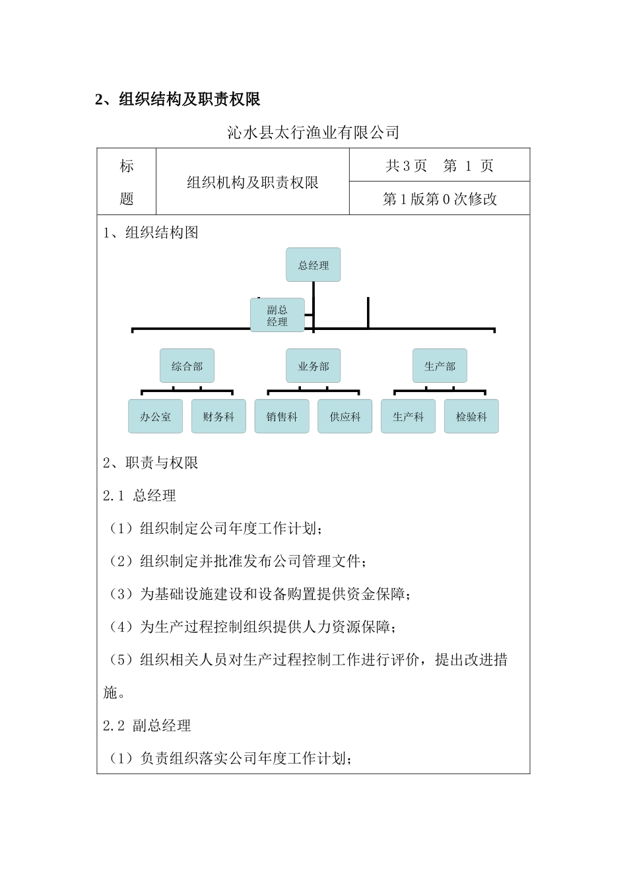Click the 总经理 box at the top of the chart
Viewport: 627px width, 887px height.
pos(313,265)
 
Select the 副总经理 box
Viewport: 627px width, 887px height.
pos(277,315)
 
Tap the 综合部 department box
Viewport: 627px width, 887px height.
pos(187,366)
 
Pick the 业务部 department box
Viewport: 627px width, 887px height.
pos(313,366)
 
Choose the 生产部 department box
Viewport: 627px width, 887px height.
pos(440,366)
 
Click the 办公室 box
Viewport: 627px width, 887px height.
pos(155,416)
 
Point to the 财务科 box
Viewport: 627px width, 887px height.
pos(218,416)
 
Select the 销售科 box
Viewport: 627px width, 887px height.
pos(282,416)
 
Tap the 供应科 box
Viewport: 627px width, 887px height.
pos(345,416)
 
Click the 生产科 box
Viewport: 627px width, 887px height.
pos(408,416)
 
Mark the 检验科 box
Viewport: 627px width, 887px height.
pos(471,416)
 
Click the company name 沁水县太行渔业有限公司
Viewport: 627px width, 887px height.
pos(313,133)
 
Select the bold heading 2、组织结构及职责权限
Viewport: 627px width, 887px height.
pos(178,100)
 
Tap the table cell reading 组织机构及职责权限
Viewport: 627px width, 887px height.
pos(253,182)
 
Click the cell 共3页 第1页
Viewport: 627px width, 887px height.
pos(439,166)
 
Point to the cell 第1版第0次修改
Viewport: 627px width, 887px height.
pos(440,199)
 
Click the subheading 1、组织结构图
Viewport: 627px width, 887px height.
pos(151,232)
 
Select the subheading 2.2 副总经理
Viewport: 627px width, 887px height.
pos(147,726)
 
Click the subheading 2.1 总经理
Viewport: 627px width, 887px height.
pos(140,496)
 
